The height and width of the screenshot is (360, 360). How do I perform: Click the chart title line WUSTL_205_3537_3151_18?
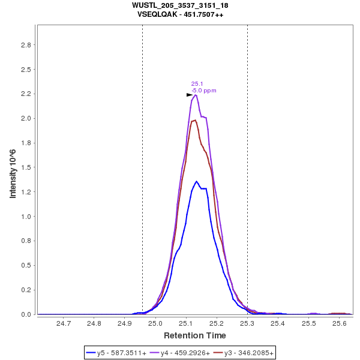[180, 5]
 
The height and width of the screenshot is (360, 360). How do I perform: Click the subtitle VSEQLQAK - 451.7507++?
[180, 14]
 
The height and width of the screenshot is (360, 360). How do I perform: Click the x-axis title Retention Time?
[195, 335]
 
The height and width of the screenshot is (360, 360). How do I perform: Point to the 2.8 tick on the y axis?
[26, 45]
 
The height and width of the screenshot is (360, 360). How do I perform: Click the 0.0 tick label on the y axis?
[26, 314]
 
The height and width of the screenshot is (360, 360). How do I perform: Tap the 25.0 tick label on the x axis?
[155, 323]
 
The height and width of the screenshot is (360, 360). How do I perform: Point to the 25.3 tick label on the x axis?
[247, 323]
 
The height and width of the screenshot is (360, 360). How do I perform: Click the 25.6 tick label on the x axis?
[339, 323]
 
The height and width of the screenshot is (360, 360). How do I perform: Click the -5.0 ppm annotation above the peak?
[204, 91]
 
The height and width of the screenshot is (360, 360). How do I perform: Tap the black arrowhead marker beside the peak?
[190, 95]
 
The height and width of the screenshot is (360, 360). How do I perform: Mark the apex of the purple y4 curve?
[196, 94]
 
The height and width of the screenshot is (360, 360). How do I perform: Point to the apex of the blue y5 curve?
[196, 181]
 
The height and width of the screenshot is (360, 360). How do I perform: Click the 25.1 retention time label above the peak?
[197, 84]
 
